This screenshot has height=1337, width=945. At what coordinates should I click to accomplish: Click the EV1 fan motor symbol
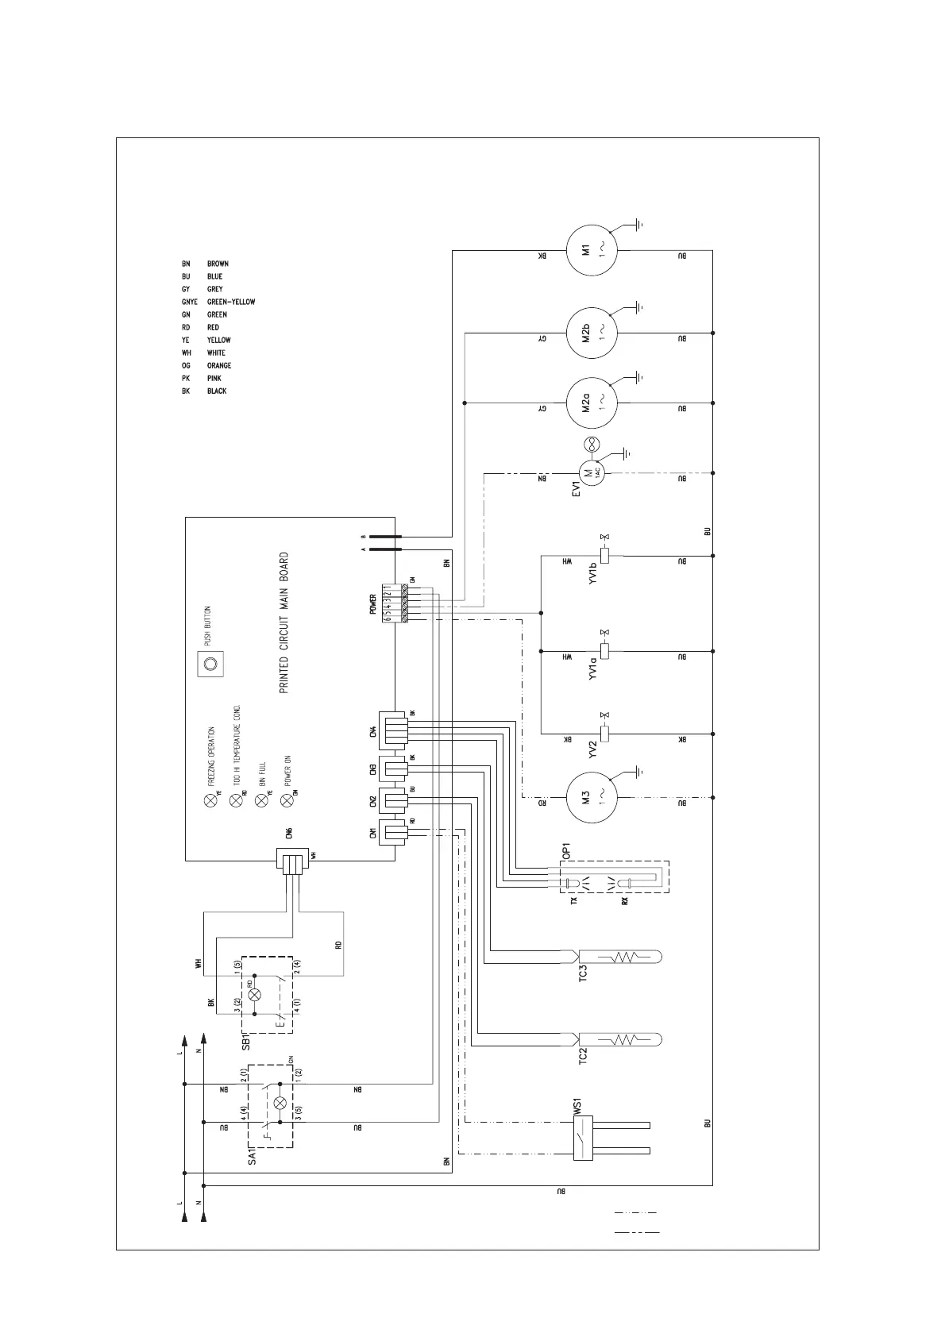591,473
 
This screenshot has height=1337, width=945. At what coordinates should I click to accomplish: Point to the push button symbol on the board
210,664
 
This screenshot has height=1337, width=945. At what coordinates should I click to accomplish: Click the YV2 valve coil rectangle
604,733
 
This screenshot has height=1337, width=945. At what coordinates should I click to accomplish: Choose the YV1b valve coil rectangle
604,556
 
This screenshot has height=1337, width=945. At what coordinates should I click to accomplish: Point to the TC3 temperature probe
619,957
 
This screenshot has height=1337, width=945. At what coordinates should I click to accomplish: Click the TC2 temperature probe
619,1039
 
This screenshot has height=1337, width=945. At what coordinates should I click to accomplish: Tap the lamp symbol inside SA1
280,1104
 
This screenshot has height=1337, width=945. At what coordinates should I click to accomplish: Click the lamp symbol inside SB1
254,994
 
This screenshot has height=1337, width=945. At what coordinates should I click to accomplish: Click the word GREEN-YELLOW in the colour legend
231,302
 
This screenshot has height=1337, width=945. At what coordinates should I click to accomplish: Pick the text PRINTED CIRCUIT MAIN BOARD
283,623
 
